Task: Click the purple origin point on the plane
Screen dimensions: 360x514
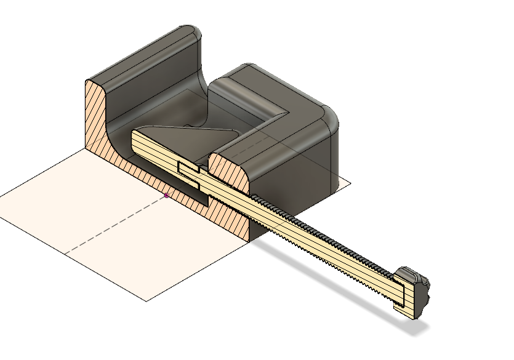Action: [x=166, y=196]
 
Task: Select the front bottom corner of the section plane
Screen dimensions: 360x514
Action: [x=147, y=300]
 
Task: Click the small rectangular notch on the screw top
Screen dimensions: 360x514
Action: [x=188, y=167]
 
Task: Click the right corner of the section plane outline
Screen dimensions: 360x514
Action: [x=350, y=183]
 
